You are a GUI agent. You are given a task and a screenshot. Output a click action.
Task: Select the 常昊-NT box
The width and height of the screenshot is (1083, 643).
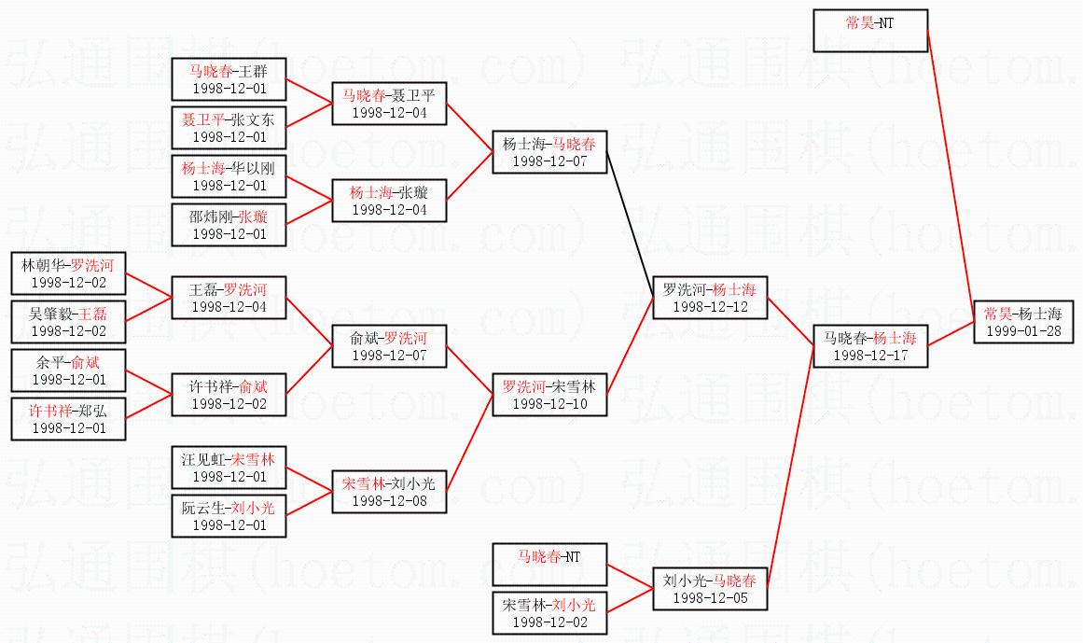869,31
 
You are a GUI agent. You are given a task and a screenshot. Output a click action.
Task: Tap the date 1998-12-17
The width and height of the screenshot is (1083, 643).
870,355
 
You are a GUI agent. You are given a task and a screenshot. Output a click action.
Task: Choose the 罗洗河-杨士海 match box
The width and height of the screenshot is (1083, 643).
710,297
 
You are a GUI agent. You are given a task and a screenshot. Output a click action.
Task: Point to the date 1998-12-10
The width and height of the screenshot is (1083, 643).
549,404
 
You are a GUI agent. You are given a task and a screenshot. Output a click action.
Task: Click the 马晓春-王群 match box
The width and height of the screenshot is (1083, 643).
229,78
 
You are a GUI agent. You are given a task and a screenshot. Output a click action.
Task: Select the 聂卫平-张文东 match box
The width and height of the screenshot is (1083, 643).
229,128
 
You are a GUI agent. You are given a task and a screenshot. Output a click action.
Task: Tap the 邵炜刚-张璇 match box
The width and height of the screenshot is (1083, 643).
229,225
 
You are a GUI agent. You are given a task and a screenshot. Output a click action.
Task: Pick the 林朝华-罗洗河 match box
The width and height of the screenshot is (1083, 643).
68,273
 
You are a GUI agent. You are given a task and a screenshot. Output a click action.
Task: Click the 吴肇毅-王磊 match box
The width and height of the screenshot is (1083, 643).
68,322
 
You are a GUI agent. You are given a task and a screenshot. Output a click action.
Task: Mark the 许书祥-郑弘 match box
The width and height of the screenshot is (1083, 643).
68,419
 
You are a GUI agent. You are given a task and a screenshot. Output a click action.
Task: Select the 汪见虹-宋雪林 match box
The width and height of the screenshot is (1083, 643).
229,468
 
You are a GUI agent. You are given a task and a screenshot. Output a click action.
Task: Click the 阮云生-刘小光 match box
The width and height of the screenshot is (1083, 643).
229,516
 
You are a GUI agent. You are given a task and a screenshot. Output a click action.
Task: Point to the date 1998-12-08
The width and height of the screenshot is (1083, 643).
389,501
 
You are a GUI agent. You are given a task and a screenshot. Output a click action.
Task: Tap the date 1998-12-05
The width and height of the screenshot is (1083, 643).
710,598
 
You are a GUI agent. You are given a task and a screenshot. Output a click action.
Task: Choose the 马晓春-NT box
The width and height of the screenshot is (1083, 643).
549,565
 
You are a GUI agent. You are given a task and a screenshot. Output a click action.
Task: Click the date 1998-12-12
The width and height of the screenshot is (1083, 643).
710,306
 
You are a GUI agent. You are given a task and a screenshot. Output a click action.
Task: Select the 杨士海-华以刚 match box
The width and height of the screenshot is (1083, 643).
229,176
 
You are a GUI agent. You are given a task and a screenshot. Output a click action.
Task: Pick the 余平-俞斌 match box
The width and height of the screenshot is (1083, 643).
68,370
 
